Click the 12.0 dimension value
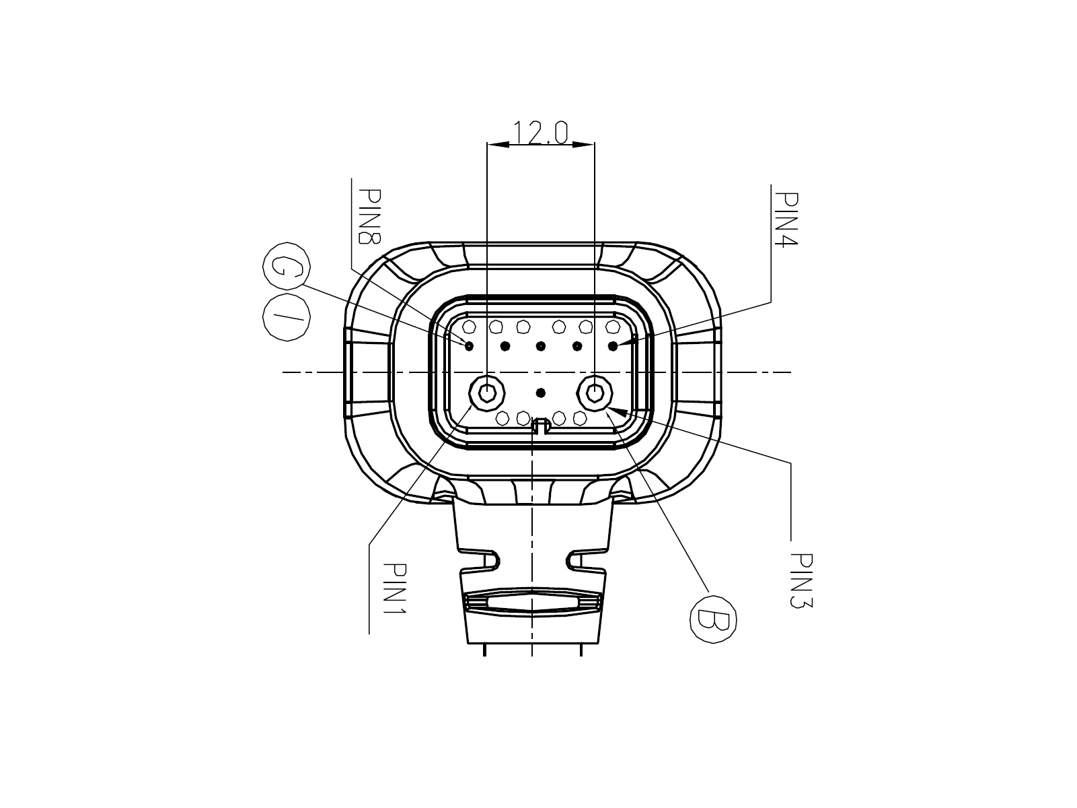[540, 133]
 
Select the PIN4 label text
[786, 220]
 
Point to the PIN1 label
[394, 588]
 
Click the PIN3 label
[801, 580]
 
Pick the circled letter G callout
[287, 267]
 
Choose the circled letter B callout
[713, 619]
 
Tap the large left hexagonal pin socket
[487, 393]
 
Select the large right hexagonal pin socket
[595, 393]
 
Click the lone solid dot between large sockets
[541, 393]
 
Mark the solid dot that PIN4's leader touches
[613, 346]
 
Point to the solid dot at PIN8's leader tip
[469, 346]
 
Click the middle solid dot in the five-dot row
[541, 346]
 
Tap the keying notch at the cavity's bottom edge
[541, 426]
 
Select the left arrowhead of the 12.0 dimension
[498, 144]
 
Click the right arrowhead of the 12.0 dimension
[584, 144]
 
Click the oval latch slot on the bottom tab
[533, 603]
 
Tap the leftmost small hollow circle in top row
[470, 327]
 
